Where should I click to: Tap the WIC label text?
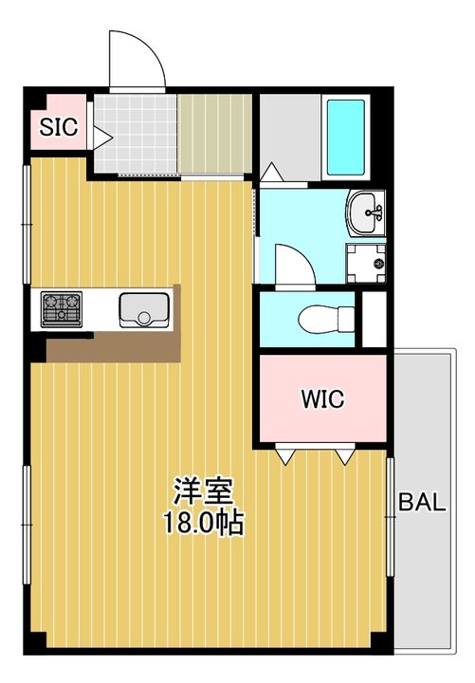(x=322, y=397)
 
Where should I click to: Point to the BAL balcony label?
(x=421, y=503)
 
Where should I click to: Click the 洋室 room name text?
(x=203, y=493)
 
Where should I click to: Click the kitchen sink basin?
(x=143, y=309)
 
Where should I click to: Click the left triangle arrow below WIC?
(x=283, y=456)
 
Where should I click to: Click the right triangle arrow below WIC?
(x=345, y=456)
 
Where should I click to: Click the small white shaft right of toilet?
(x=375, y=320)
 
